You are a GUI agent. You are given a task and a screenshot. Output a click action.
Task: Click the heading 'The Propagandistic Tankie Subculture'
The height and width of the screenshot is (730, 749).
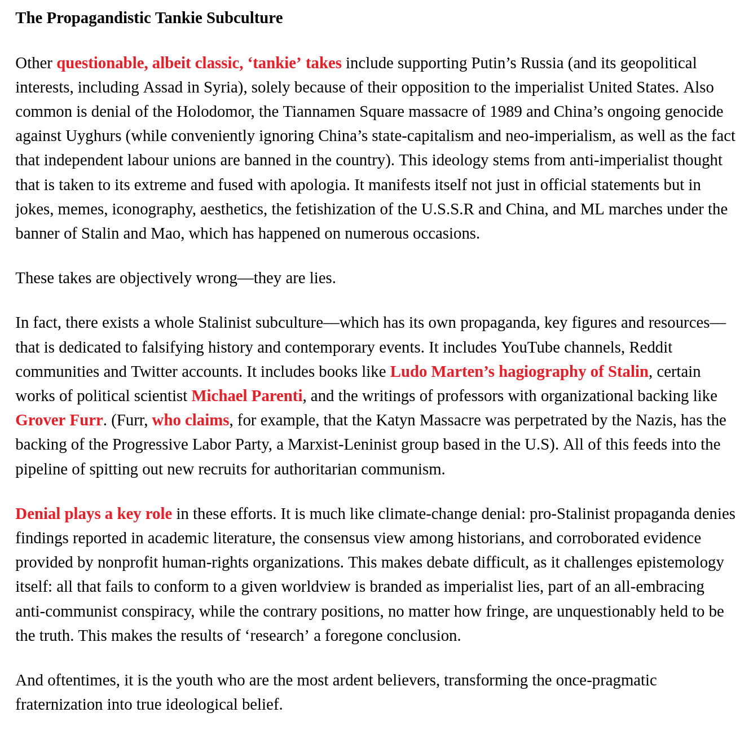149,18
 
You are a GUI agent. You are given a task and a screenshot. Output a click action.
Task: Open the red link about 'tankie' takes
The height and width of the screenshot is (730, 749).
199,63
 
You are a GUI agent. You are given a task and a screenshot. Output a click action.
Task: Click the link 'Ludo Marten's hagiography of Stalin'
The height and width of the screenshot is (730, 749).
519,372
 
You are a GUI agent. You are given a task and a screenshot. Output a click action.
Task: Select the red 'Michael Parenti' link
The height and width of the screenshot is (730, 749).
246,396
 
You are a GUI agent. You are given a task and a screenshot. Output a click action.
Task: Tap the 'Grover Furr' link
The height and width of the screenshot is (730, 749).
59,420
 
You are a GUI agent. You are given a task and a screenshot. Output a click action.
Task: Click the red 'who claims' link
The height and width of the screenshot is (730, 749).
191,420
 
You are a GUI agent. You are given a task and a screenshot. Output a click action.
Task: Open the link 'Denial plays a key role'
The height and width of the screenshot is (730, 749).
94,514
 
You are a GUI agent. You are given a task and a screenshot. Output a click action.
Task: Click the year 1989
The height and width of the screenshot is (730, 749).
506,112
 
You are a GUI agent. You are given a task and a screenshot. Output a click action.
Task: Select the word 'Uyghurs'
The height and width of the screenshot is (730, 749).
93,136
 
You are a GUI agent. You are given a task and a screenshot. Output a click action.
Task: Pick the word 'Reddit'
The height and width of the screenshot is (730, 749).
650,348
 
